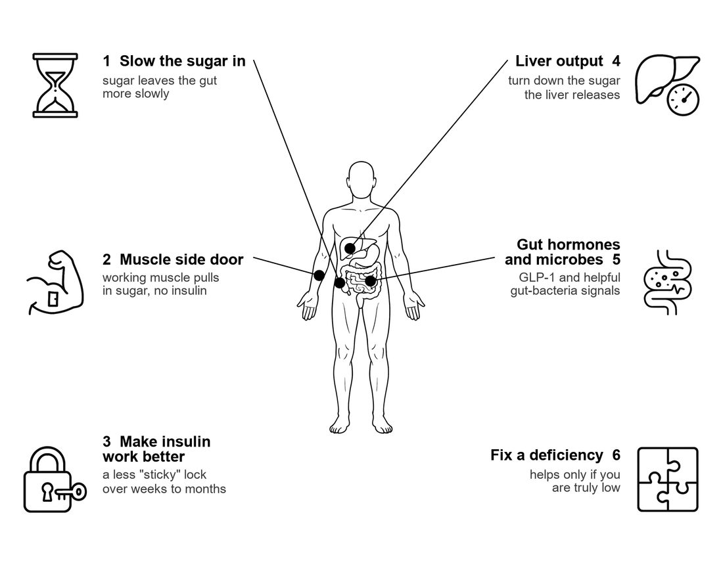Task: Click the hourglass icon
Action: [55, 85]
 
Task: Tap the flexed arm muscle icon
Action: [55, 282]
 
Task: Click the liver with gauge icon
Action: [668, 86]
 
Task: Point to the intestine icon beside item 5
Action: [667, 282]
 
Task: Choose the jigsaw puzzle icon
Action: [668, 479]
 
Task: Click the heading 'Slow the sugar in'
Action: [183, 61]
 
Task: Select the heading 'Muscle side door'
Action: [181, 259]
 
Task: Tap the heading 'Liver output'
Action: [559, 61]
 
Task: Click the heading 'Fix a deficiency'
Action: [546, 455]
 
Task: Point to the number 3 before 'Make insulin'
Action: [106, 441]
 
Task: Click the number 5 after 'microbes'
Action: [616, 259]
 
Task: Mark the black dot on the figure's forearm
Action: [319, 276]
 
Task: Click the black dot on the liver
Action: [350, 248]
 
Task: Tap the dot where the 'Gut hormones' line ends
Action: [370, 280]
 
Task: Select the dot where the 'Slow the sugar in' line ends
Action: [340, 282]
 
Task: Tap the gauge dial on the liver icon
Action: [683, 99]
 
